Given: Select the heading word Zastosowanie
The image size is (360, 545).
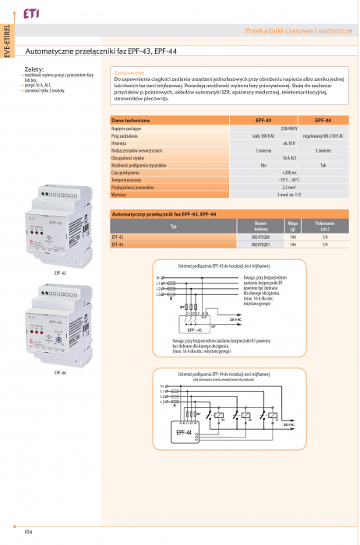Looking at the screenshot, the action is [129, 72].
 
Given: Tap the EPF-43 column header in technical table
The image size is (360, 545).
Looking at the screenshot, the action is [263, 121].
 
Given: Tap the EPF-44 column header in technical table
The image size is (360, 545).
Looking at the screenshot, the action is [323, 121].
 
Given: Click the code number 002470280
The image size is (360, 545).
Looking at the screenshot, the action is [261, 237].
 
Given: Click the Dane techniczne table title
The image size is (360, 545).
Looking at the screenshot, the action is [131, 121].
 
